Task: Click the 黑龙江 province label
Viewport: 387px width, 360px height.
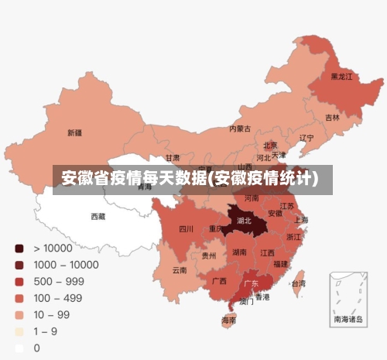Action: pyautogui.click(x=341, y=77)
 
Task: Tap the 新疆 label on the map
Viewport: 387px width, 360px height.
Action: pyautogui.click(x=74, y=132)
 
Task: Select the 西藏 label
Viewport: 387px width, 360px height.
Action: pyautogui.click(x=98, y=217)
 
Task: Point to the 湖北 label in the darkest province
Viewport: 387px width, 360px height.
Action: pyautogui.click(x=244, y=221)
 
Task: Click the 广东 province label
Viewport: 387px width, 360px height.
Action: pyautogui.click(x=252, y=284)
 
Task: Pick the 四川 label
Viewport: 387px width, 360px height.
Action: pyautogui.click(x=186, y=229)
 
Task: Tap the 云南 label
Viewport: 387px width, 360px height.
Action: pyautogui.click(x=180, y=270)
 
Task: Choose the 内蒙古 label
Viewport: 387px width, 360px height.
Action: pyautogui.click(x=240, y=129)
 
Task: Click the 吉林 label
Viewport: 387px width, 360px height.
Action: pyautogui.click(x=332, y=118)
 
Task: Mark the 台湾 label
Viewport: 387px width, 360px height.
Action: pyautogui.click(x=297, y=284)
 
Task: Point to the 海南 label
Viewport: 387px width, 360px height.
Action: pyautogui.click(x=229, y=320)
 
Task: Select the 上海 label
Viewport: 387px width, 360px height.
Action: pyautogui.click(x=300, y=220)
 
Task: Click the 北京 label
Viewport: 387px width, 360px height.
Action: pyautogui.click(x=270, y=145)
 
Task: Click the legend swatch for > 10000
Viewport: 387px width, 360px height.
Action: pyautogui.click(x=19, y=249)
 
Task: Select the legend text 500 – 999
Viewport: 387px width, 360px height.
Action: pyautogui.click(x=59, y=282)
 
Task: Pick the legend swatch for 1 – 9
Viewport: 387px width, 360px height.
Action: pyautogui.click(x=19, y=331)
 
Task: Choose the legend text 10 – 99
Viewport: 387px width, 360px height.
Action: pyautogui.click(x=52, y=315)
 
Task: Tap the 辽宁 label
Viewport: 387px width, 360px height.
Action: pyautogui.click(x=307, y=139)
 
